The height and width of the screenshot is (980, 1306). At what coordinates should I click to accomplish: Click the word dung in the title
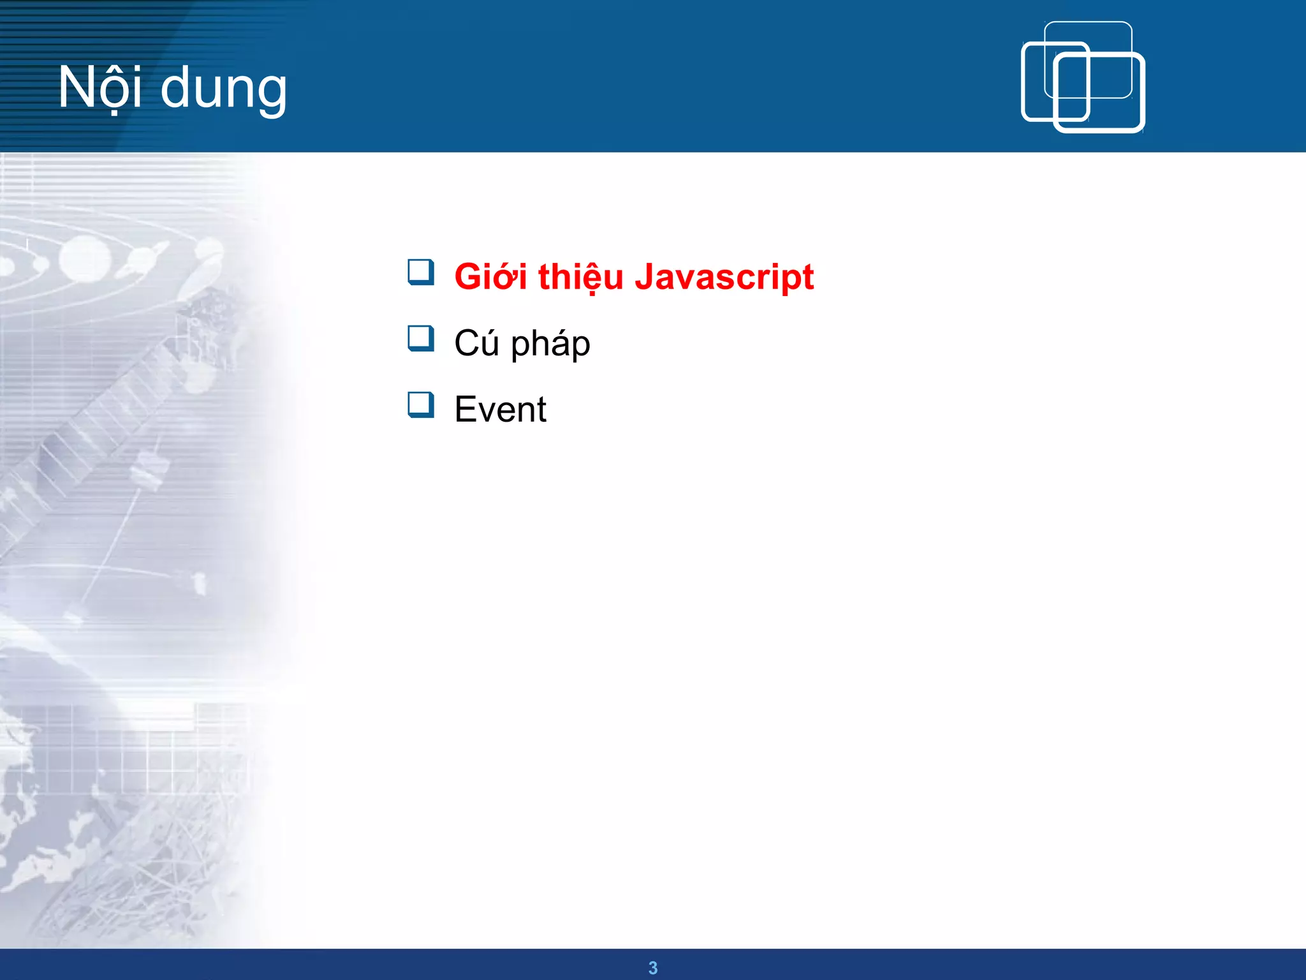(223, 89)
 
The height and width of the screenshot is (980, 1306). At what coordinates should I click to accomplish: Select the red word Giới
(490, 278)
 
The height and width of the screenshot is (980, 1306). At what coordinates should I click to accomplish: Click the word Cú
(476, 343)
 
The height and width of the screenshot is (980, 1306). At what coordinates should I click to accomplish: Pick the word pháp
(550, 345)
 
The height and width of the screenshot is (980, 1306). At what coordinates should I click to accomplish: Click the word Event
(500, 410)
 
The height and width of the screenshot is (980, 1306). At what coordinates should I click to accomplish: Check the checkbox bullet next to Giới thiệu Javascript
(421, 272)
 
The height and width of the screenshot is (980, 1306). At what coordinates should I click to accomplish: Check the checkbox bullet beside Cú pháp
(421, 339)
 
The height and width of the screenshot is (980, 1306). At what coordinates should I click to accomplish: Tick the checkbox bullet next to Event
(421, 405)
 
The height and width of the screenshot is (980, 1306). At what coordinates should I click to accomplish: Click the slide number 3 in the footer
(652, 968)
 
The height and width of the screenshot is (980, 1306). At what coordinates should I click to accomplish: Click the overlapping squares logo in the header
(1083, 77)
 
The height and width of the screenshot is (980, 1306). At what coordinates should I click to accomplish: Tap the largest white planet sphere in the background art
(85, 260)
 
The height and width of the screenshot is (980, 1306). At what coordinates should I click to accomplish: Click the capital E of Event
(466, 410)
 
